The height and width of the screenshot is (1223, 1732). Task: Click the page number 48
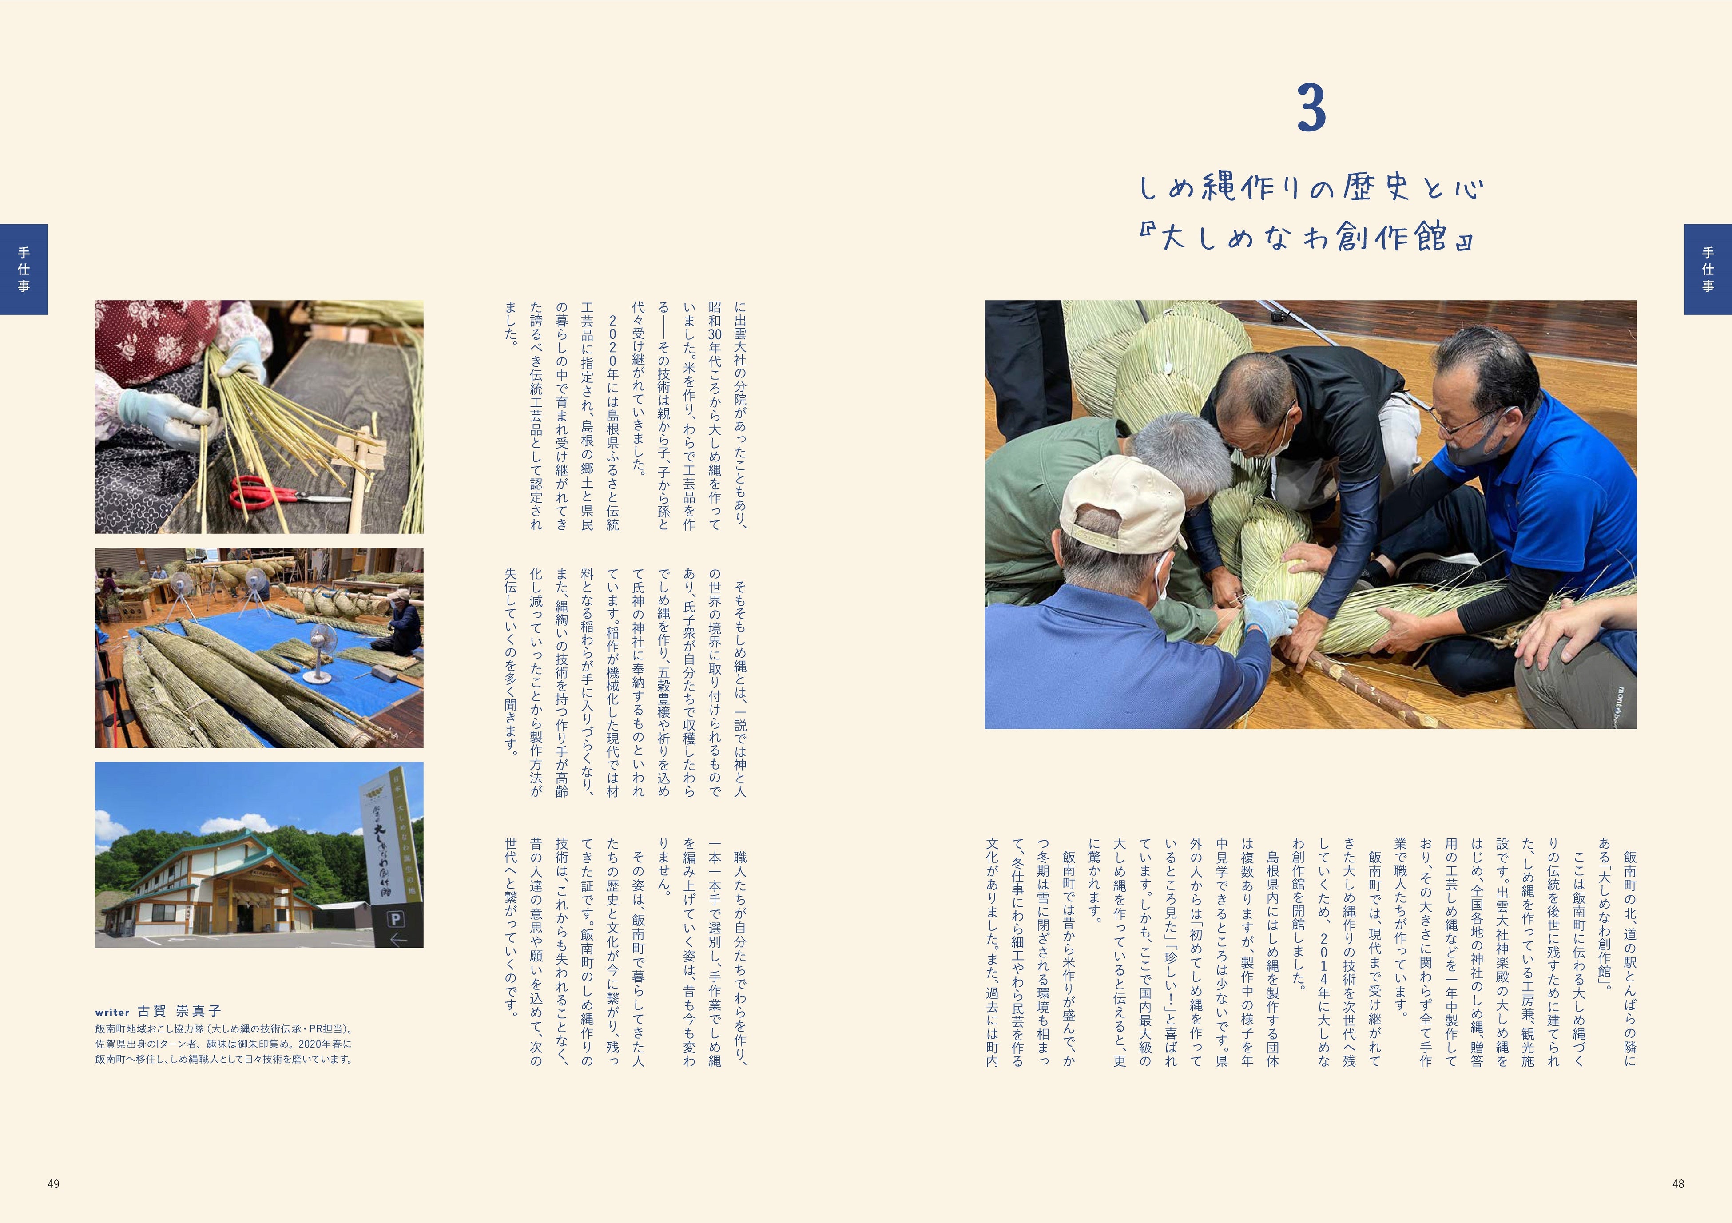1678,1184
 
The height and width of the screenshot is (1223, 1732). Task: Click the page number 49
53,1184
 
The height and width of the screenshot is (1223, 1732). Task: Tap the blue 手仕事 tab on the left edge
24,270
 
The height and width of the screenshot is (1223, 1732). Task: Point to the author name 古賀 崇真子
179,1012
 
